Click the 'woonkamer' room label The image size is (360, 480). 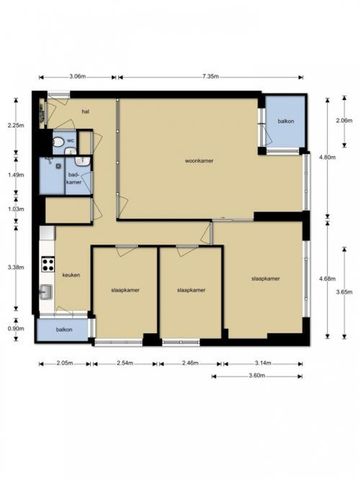(x=201, y=160)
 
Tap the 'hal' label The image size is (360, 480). (x=86, y=112)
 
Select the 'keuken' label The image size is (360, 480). (x=70, y=275)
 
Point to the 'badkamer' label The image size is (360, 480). (x=73, y=178)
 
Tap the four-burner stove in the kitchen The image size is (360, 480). (x=46, y=266)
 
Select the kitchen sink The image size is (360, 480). (x=46, y=293)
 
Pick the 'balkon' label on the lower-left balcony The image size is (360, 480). (x=64, y=329)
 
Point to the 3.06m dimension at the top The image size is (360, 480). (x=77, y=76)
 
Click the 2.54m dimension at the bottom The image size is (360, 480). (x=126, y=364)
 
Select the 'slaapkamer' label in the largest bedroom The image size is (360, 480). (x=265, y=279)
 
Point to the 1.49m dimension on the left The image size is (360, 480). (x=14, y=175)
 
